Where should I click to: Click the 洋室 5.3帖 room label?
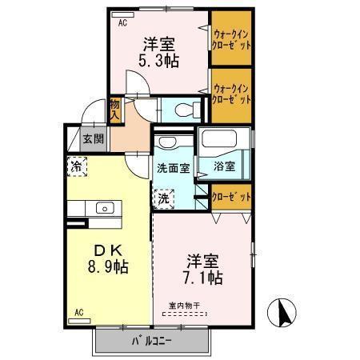click(160, 52)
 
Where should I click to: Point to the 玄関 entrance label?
click(93, 138)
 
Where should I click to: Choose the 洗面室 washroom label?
click(173, 169)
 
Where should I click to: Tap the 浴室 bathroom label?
click(224, 167)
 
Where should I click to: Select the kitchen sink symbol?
click(105, 208)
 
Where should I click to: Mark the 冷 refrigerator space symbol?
click(76, 169)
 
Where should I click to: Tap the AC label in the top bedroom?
click(123, 23)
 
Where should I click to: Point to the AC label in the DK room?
click(79, 312)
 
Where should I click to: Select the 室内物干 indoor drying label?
click(186, 304)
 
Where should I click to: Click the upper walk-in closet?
click(233, 39)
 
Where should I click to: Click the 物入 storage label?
click(115, 109)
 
